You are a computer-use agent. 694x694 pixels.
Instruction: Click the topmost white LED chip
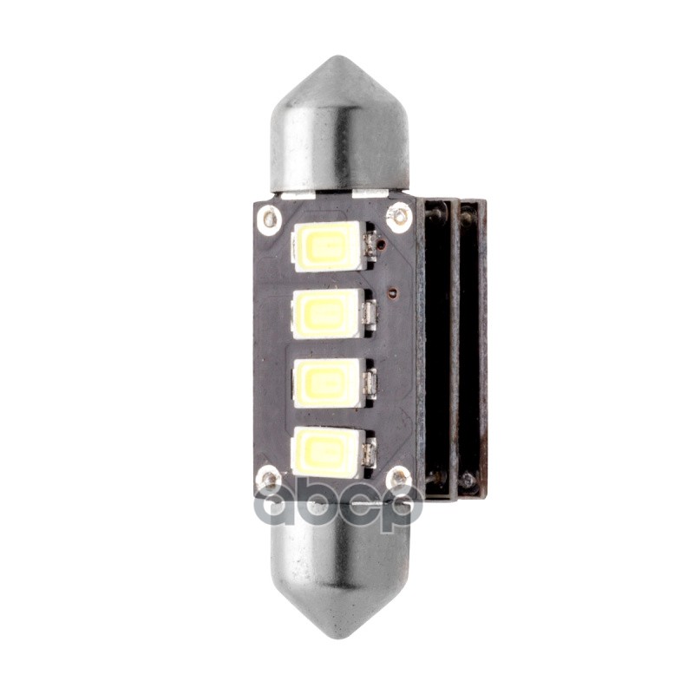coord(327,246)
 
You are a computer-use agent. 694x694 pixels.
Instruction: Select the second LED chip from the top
coord(327,313)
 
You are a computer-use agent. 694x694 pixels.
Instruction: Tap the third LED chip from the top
coord(327,383)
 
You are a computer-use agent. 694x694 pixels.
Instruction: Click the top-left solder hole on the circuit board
coord(271,217)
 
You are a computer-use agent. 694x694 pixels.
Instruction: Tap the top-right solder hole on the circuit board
coord(399,215)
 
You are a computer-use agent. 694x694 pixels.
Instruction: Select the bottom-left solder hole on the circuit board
coord(270,478)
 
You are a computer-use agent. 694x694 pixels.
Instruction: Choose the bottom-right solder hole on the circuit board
coord(399,477)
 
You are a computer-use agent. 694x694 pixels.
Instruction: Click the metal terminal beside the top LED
coord(371,246)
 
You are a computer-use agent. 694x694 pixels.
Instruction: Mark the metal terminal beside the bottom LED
coord(371,452)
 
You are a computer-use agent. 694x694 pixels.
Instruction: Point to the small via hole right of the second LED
coord(393,292)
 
